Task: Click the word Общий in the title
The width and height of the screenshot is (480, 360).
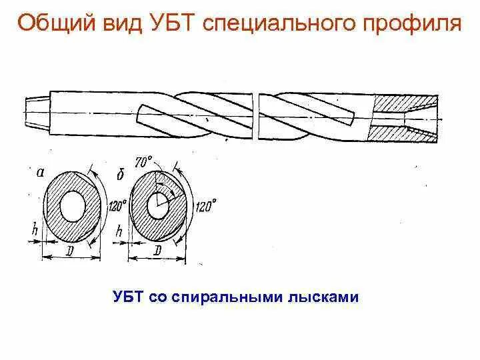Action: tap(52, 25)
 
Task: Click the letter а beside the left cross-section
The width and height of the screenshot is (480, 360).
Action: tap(41, 171)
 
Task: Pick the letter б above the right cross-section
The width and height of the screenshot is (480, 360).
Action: tap(121, 174)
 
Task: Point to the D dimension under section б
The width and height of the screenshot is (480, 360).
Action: tap(156, 250)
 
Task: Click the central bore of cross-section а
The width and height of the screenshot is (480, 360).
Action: tap(71, 207)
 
